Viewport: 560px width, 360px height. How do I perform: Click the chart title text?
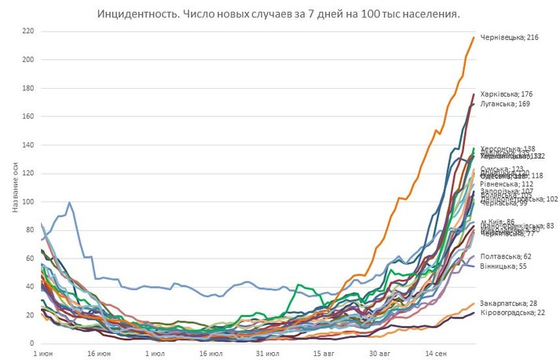pos(279,14)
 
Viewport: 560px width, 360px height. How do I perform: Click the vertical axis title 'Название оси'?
pos(15,187)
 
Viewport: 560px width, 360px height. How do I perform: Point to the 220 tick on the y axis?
pos(27,31)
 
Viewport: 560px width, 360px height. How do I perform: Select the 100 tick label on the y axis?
pos(27,202)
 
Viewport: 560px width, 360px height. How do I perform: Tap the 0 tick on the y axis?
pos(31,344)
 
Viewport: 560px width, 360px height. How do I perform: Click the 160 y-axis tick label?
pos(27,117)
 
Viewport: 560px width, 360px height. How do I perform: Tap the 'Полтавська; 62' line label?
pos(505,256)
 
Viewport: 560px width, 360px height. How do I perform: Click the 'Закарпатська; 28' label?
pos(508,303)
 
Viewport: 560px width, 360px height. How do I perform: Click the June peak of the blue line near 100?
pos(70,203)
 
